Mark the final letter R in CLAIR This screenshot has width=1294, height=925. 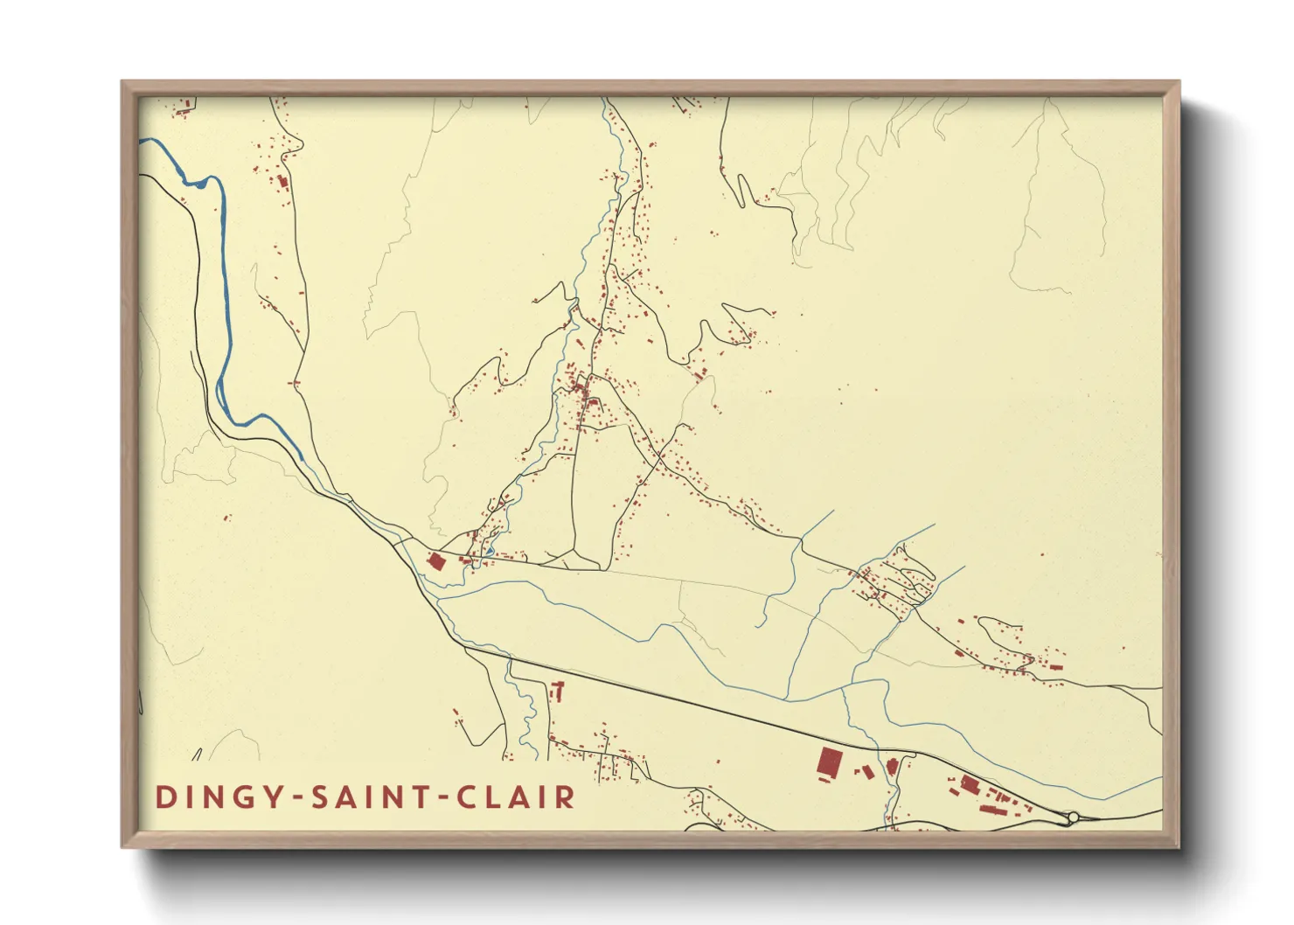567,797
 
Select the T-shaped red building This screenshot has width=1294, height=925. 558,692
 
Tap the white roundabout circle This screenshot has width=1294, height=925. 1073,817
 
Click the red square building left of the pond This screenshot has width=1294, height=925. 436,561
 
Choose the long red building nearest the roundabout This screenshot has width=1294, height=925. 993,809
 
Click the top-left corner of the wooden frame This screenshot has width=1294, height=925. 122,82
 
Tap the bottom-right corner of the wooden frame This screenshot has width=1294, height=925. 1179,847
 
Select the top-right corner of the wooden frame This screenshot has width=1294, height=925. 1179,82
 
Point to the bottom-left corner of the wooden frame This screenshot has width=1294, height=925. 122,847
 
